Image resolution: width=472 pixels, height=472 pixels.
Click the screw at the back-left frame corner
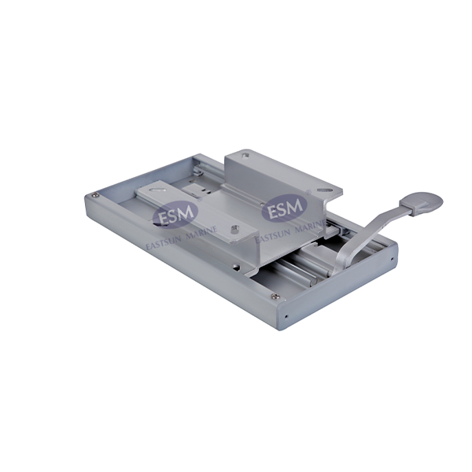[x=95, y=196]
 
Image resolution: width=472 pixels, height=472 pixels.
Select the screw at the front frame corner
[x=274, y=297]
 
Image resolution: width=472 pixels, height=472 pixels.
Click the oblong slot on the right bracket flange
[x=323, y=190]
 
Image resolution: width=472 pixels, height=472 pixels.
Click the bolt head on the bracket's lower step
[x=234, y=230]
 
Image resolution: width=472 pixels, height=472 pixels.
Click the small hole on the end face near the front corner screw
[x=289, y=319]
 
